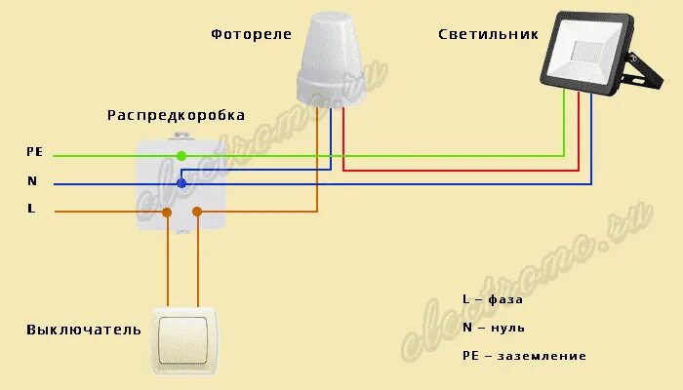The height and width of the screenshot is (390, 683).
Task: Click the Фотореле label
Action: tap(251, 34)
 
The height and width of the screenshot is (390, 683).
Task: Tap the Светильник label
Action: tap(487, 34)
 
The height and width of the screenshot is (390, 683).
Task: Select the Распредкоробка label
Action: tap(176, 115)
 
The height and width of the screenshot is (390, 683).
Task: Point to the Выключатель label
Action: tap(84, 330)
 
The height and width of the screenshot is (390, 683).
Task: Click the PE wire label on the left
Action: tap(35, 152)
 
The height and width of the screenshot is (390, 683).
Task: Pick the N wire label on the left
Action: tap(32, 180)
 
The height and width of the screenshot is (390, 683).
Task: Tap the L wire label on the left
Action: tap(31, 209)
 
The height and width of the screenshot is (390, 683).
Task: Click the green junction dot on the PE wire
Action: tap(181, 155)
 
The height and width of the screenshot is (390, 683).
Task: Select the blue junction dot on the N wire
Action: tap(181, 182)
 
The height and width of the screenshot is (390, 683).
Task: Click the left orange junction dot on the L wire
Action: tap(167, 212)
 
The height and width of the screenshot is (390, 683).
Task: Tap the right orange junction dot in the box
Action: tap(197, 212)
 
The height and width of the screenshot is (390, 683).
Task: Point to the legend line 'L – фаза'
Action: tap(493, 299)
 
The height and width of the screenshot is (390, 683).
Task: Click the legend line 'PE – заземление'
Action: tap(524, 356)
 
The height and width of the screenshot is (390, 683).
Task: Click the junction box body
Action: tap(182, 185)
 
